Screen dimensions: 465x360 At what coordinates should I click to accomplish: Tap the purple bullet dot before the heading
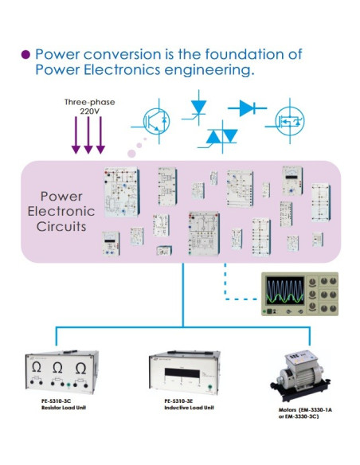click(x=25, y=55)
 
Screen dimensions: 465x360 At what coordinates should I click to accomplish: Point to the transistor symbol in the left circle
click(x=157, y=120)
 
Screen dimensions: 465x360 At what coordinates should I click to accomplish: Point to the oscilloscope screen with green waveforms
click(x=285, y=293)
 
